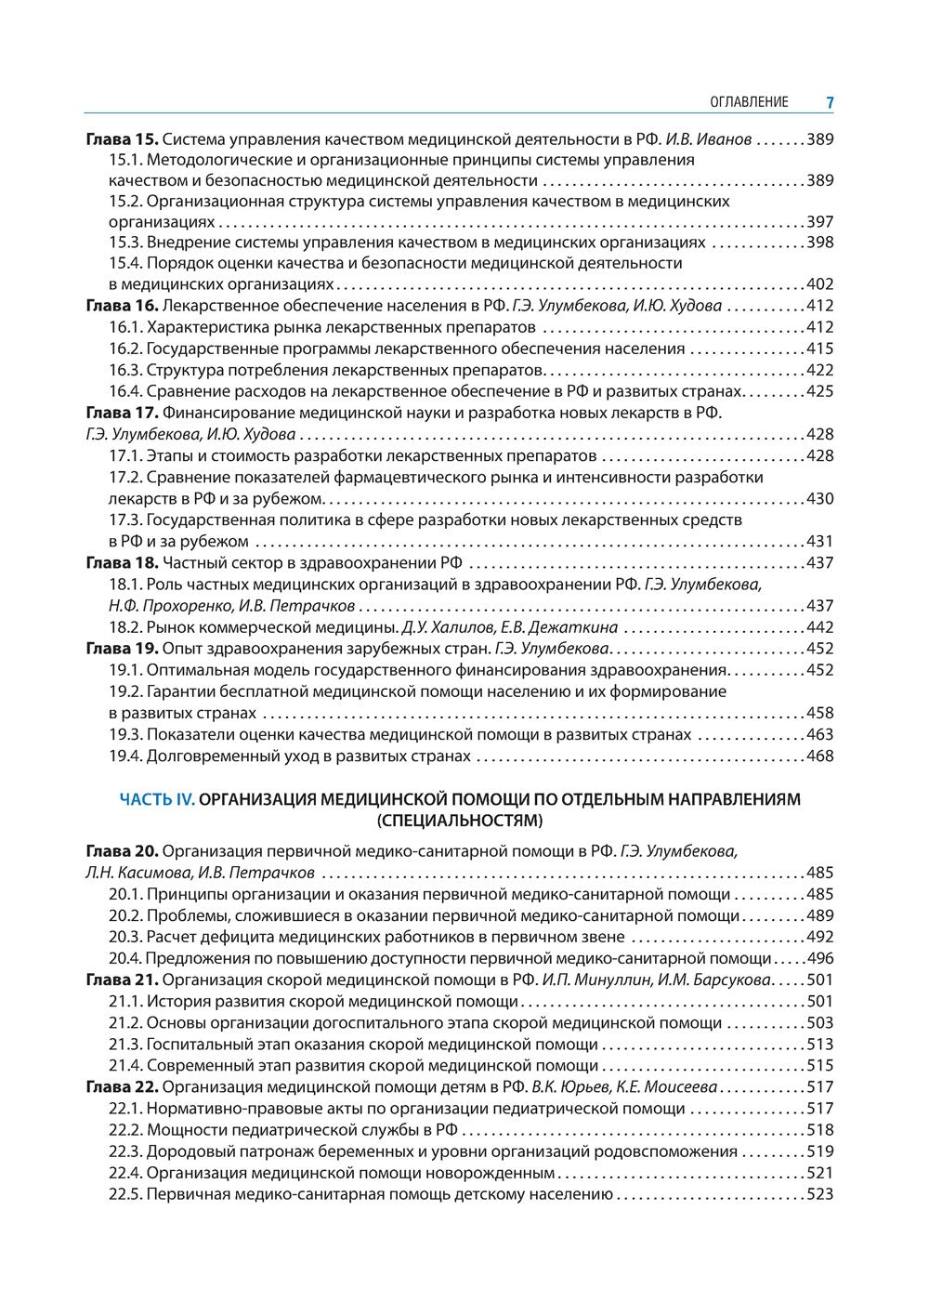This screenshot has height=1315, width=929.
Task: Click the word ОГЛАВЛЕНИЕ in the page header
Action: (x=749, y=102)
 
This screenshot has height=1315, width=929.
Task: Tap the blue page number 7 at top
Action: (x=830, y=102)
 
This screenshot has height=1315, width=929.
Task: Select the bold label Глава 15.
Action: (x=122, y=139)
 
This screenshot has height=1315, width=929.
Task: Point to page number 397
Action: (x=820, y=222)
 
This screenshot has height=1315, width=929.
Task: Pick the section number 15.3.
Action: (x=125, y=243)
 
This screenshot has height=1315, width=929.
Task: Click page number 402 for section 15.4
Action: (x=820, y=284)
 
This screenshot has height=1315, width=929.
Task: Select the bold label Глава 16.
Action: (x=122, y=306)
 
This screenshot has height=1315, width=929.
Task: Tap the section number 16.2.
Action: (x=125, y=348)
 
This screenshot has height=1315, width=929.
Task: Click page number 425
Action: (x=820, y=391)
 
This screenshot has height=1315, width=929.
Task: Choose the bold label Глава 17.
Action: (x=122, y=413)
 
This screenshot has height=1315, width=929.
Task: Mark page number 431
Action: (x=820, y=542)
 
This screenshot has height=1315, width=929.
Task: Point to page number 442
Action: (x=820, y=627)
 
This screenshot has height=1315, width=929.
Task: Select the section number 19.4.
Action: (x=125, y=756)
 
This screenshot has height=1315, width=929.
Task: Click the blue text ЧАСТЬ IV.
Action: (x=157, y=799)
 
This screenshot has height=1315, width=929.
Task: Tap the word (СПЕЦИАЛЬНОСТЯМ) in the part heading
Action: (x=460, y=821)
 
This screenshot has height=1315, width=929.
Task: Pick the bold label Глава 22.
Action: (x=122, y=1087)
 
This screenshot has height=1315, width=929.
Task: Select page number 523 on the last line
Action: (x=820, y=1194)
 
